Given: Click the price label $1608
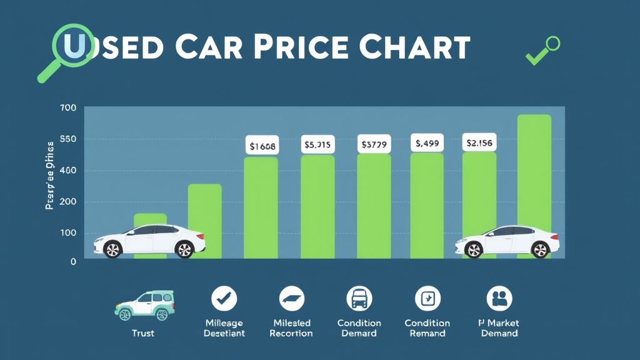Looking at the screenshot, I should (261, 146).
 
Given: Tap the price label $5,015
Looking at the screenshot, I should (317, 144).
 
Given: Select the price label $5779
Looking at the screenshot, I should (374, 144).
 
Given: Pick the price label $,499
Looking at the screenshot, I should (427, 143).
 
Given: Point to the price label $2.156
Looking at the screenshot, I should (479, 143).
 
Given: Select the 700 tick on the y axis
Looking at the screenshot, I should (67, 108).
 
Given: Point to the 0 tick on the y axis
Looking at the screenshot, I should (72, 261).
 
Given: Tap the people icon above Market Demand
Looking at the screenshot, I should (499, 299).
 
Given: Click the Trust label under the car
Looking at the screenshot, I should (143, 333).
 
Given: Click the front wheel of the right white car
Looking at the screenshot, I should (474, 249).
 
